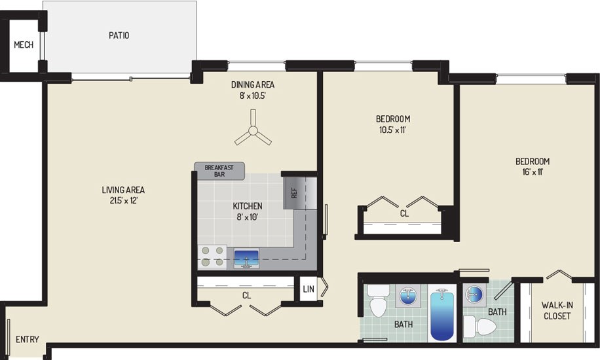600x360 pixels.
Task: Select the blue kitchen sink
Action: pyautogui.click(x=246, y=258)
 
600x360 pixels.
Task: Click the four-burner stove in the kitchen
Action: pyautogui.click(x=212, y=257)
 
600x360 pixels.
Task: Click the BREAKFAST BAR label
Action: pyautogui.click(x=219, y=171)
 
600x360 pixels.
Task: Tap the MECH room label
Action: pyautogui.click(x=24, y=45)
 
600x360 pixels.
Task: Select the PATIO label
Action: pyautogui.click(x=119, y=35)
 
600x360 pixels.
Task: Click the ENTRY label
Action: pyautogui.click(x=27, y=339)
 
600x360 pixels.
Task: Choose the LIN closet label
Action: pyautogui.click(x=309, y=289)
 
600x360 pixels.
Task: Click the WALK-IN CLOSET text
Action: pyautogui.click(x=557, y=311)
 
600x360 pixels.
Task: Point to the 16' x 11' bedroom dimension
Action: pyautogui.click(x=533, y=172)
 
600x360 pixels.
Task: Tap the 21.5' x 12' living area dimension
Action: pyautogui.click(x=123, y=200)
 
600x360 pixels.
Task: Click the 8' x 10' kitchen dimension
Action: pyautogui.click(x=247, y=217)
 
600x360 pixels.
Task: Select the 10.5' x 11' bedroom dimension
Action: pyautogui.click(x=392, y=130)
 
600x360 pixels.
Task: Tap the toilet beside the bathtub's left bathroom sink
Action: pyautogui.click(x=378, y=300)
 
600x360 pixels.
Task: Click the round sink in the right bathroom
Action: pyautogui.click(x=474, y=295)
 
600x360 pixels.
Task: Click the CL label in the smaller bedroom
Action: pyautogui.click(x=404, y=213)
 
